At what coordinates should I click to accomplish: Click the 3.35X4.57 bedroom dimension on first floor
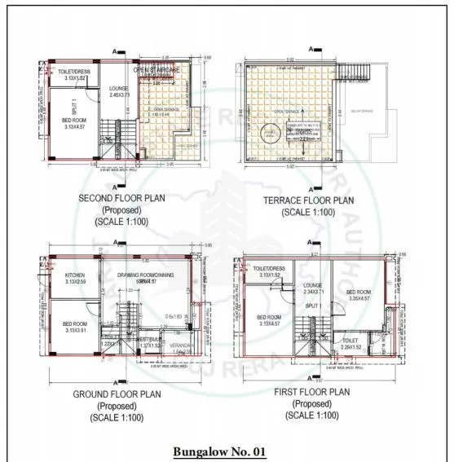361,298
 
